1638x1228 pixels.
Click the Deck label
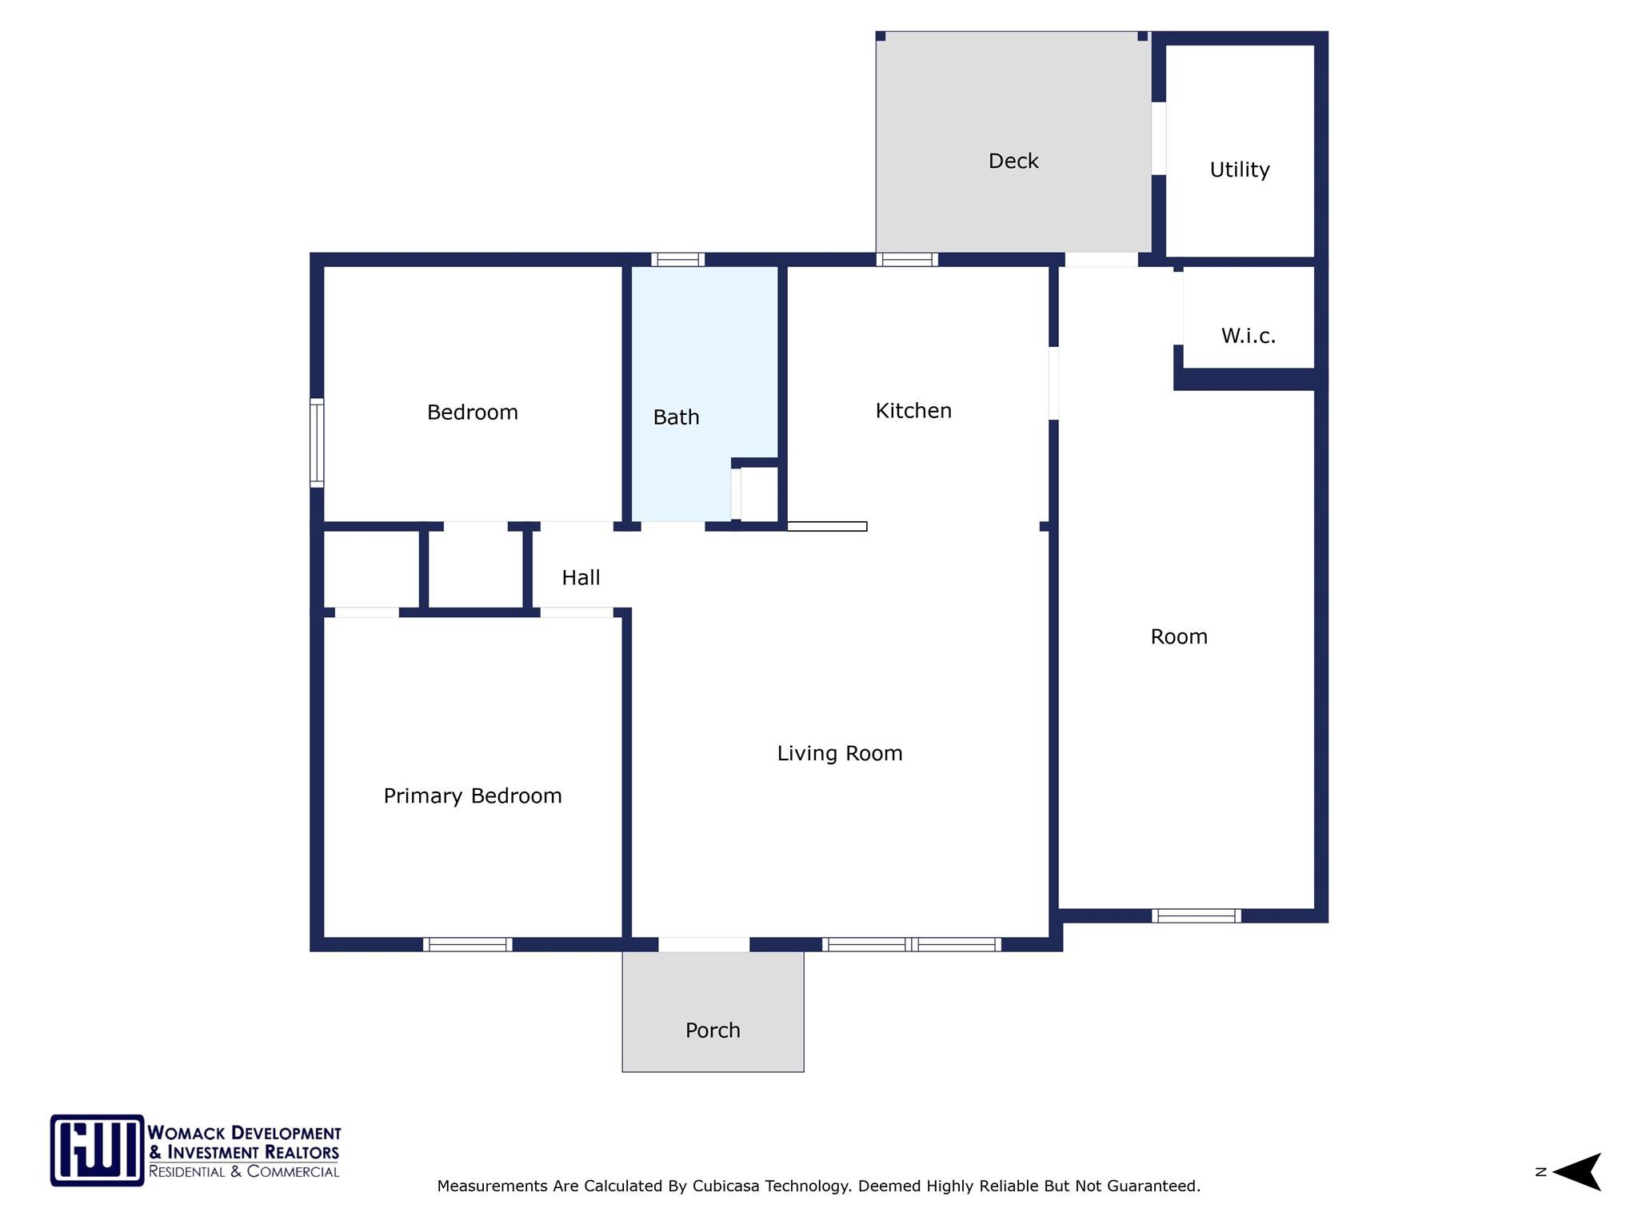[1013, 161]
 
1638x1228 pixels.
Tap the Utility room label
[1239, 169]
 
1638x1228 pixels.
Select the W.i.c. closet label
[1248, 336]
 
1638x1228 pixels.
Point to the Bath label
[676, 417]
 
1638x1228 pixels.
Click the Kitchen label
[913, 411]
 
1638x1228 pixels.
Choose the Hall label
[581, 578]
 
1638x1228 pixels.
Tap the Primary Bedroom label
[473, 796]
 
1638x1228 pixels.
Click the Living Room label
[840, 754]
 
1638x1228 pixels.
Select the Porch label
[713, 1031]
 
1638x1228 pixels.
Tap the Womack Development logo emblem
[98, 1150]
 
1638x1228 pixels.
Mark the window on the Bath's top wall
[677, 259]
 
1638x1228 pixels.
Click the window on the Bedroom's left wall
[317, 443]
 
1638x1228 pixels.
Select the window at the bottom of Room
[1197, 916]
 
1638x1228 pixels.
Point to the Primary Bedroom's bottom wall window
[468, 944]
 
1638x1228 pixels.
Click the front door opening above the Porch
[704, 944]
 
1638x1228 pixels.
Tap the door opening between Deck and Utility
[1158, 138]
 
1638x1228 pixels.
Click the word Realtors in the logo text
[302, 1153]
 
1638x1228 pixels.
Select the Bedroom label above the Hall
[473, 413]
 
